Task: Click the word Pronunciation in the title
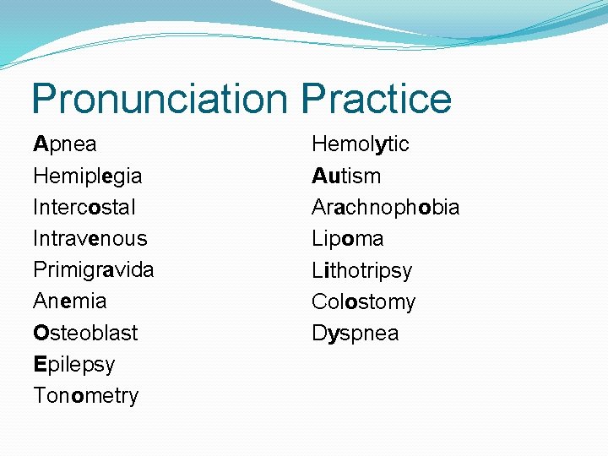[x=160, y=99]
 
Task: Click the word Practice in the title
[x=376, y=99]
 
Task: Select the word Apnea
[x=65, y=144]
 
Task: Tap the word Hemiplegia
[x=87, y=176]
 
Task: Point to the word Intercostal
[x=84, y=207]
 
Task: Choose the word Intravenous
[x=90, y=238]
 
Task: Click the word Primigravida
[x=93, y=270]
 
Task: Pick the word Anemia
[x=69, y=301]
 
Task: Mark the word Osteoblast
[x=84, y=333]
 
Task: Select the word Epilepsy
[x=73, y=365]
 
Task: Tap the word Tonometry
[x=85, y=395]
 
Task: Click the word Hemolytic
[x=360, y=144]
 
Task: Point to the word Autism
[x=346, y=176]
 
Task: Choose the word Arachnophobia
[x=385, y=207]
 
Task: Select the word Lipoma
[x=347, y=238]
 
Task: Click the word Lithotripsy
[x=361, y=270]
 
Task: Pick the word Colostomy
[x=363, y=301]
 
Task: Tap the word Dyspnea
[x=355, y=334]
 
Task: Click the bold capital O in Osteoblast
[x=41, y=333]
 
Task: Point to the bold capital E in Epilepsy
[x=39, y=364]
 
